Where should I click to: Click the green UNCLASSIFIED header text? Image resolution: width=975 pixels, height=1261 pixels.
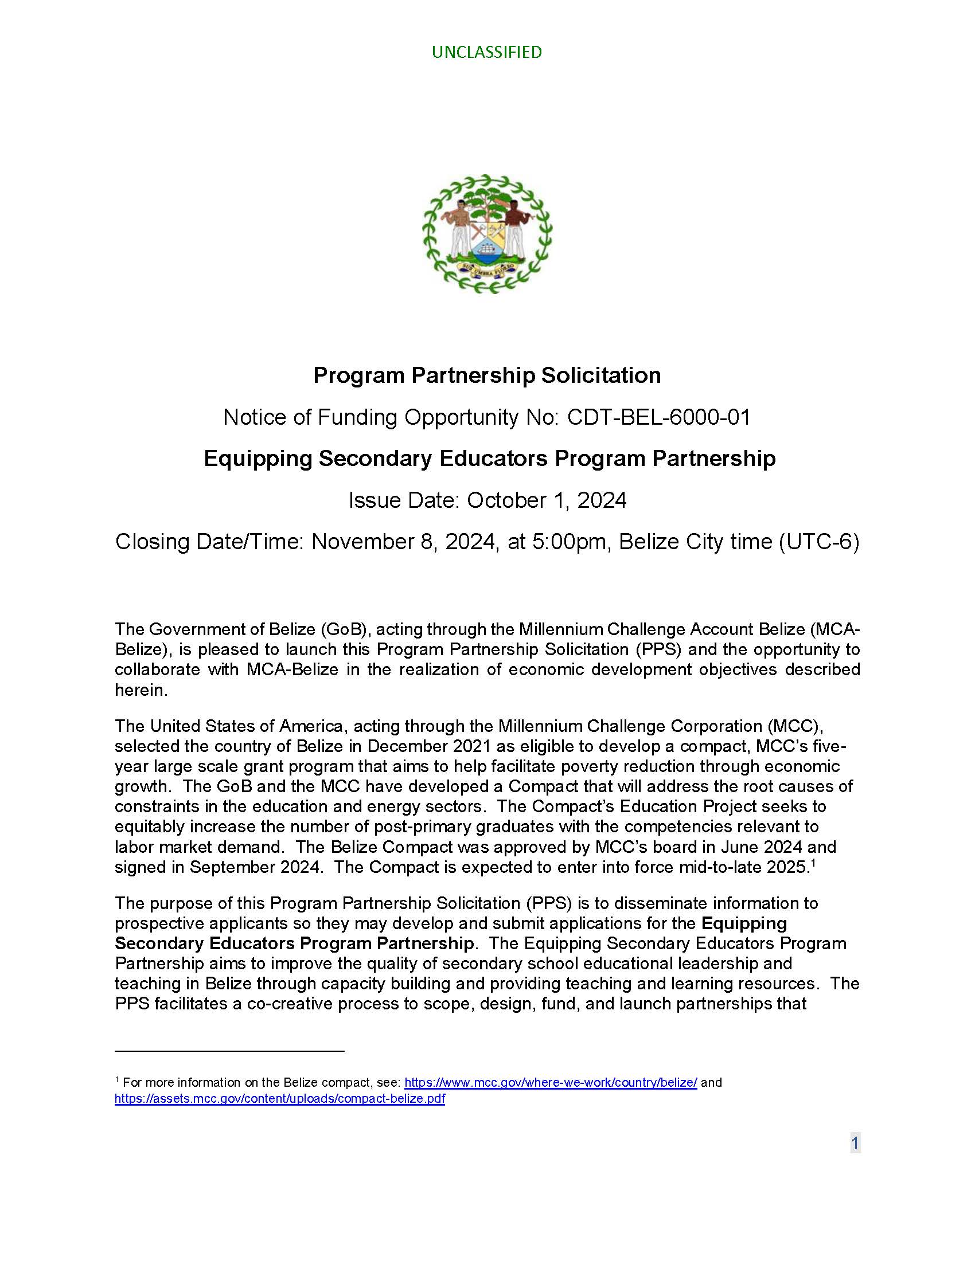(486, 53)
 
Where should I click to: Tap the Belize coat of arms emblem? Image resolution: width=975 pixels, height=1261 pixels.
(487, 234)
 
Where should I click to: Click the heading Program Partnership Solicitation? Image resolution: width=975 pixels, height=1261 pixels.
(487, 375)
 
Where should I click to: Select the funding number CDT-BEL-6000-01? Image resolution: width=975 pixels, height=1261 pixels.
(658, 417)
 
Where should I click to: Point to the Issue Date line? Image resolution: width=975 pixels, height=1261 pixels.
(487, 500)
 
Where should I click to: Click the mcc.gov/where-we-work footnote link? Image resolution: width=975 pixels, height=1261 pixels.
(551, 1083)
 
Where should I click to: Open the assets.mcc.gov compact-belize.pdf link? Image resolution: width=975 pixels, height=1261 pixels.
(279, 1099)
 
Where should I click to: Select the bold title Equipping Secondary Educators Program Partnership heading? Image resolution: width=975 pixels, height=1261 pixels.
(489, 459)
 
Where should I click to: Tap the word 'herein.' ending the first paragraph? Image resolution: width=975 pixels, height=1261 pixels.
(141, 690)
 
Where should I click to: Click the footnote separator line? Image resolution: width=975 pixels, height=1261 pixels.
(229, 1051)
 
